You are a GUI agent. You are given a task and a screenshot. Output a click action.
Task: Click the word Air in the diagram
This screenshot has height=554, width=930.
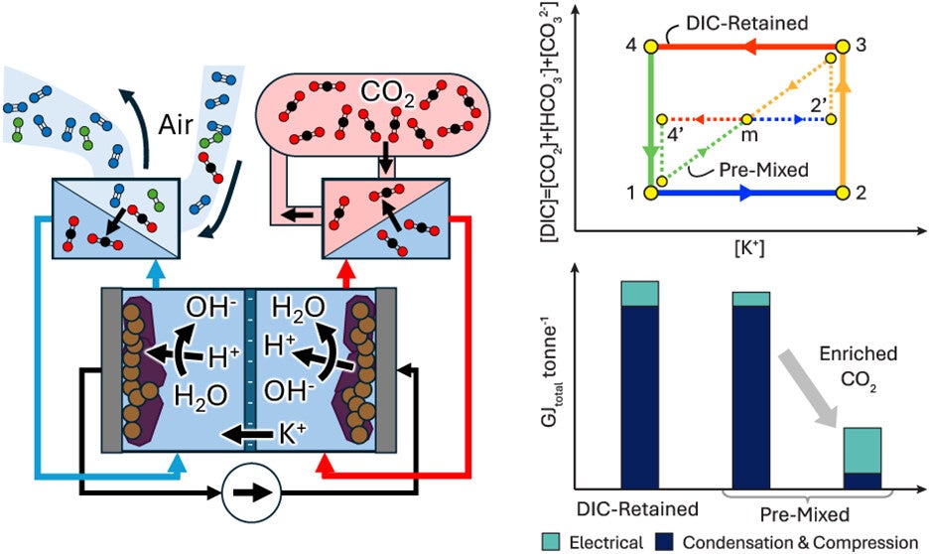pyautogui.click(x=176, y=124)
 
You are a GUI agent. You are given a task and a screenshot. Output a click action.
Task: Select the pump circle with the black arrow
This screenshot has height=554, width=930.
pyautogui.click(x=251, y=492)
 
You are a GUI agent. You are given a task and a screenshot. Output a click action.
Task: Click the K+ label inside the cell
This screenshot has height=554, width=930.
pyautogui.click(x=292, y=434)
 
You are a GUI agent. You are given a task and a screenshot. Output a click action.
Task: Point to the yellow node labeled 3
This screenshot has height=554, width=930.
pyautogui.click(x=843, y=47)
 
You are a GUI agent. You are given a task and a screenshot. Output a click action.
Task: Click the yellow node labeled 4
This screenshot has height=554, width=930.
pyautogui.click(x=651, y=47)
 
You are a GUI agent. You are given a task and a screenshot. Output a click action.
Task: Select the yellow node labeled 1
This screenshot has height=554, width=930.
pyautogui.click(x=651, y=193)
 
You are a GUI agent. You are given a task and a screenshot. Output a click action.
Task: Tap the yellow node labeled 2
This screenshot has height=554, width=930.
pyautogui.click(x=843, y=193)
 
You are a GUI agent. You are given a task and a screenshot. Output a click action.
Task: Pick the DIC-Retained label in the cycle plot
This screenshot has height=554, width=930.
pyautogui.click(x=746, y=23)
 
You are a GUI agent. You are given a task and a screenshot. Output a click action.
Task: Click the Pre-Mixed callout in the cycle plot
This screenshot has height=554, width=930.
pyautogui.click(x=764, y=170)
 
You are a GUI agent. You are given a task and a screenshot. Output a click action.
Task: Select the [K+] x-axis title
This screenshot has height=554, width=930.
pyautogui.click(x=749, y=247)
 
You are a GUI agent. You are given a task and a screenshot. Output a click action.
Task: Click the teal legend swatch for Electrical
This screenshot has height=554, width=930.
pyautogui.click(x=550, y=541)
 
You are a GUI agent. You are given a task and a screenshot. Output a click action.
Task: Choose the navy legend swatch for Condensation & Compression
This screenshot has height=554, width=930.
pyautogui.click(x=664, y=541)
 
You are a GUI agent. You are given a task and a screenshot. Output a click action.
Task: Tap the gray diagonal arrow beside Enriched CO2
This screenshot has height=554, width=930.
pyautogui.click(x=808, y=387)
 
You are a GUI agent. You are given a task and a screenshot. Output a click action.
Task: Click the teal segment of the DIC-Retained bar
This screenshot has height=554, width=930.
pyautogui.click(x=639, y=294)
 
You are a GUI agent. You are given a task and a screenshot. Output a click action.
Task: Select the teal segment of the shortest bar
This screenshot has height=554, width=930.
pyautogui.click(x=863, y=450)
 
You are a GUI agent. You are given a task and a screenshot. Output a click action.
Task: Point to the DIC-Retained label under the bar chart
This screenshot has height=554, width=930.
pyautogui.click(x=637, y=509)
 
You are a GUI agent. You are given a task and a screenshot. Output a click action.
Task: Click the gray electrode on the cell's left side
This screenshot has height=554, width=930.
pyautogui.click(x=111, y=369)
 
